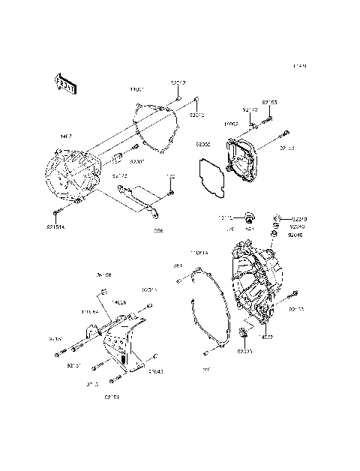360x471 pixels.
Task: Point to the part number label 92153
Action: pos(269,101)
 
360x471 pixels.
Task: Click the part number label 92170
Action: pos(250,110)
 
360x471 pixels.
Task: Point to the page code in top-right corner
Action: pos(300,66)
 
